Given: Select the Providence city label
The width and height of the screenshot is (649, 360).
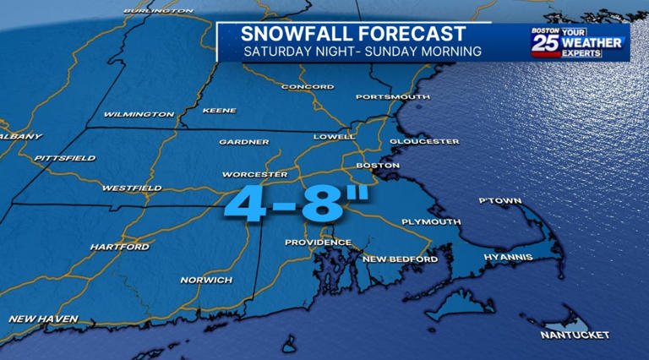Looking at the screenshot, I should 317,243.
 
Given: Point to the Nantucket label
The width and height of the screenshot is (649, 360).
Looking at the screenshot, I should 575,335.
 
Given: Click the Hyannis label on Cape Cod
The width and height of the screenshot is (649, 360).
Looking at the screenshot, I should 508,256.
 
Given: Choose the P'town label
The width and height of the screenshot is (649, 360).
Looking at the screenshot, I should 499,201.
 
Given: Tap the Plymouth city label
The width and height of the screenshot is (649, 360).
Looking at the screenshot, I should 431,221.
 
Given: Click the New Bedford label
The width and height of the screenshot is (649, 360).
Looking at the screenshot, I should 400,259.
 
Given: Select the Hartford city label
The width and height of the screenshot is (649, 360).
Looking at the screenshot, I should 119,247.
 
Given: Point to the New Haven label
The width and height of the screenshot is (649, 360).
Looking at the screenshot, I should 43,319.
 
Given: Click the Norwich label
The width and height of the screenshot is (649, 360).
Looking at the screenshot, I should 206,280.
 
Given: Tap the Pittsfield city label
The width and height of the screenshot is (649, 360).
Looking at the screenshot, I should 64,158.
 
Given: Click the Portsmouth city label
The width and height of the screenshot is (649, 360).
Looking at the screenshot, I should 392,97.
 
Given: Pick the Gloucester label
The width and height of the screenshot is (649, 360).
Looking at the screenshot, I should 424,141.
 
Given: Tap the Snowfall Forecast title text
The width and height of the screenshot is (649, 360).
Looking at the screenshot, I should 352,34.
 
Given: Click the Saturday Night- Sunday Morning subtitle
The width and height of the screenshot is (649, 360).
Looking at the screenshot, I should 363,52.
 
